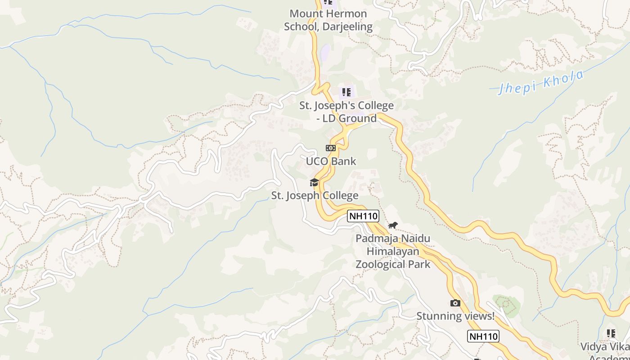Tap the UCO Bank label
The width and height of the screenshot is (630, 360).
331,161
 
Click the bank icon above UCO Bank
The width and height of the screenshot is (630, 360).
331,148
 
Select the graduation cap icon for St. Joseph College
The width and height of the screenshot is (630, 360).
314,182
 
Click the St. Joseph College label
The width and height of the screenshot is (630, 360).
315,195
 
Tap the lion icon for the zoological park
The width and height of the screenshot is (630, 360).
393,225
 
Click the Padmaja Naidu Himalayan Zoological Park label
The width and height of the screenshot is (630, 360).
393,251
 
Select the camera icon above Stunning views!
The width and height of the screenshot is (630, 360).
455,303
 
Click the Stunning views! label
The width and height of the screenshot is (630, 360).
455,316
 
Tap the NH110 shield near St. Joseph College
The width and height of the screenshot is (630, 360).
364,216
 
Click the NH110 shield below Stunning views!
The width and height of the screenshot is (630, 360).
483,336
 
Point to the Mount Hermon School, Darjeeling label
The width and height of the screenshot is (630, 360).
328,20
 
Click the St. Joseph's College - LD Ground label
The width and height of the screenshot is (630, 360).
346,112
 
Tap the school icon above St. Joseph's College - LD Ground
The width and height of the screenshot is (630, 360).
346,92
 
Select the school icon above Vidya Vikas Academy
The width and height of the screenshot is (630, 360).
611,333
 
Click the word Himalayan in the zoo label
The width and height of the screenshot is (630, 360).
393,251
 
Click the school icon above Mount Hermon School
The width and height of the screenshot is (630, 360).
328,2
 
